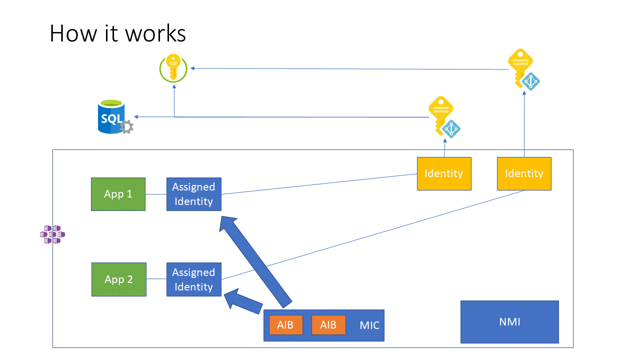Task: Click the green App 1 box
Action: coord(118,194)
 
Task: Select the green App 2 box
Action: coord(119,279)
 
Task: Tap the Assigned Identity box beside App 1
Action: coord(193,194)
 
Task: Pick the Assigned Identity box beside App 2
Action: coord(193,279)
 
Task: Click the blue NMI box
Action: coord(509,322)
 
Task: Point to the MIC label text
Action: coord(369,325)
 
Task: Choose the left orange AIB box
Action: coord(286,325)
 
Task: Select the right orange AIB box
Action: coord(328,325)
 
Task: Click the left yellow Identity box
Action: coord(444,173)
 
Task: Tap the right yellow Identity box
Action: coord(524,173)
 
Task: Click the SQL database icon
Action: coord(112,117)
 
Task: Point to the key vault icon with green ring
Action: coord(173,68)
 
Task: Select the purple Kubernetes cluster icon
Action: coord(52,234)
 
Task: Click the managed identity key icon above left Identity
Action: coord(443,116)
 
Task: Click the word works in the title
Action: coord(155,34)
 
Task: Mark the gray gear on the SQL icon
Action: coord(127,127)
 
